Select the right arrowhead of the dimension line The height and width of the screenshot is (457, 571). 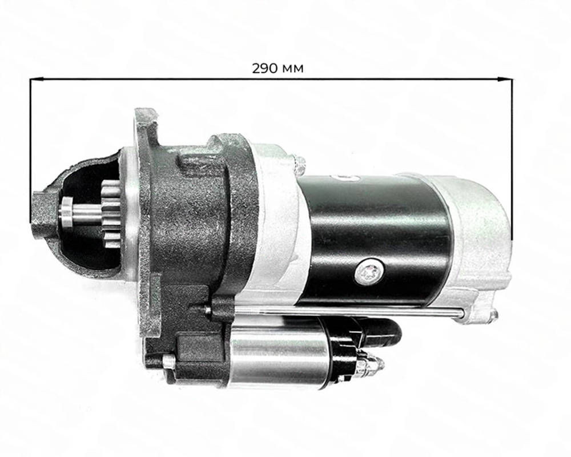(x=508, y=80)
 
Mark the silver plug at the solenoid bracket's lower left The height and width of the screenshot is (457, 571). (x=168, y=362)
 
